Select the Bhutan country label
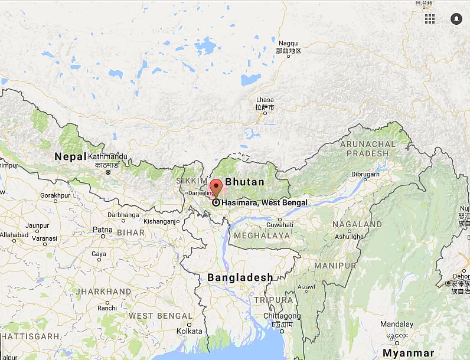tap(245, 182)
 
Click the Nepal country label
tap(70, 156)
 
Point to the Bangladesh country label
tap(240, 277)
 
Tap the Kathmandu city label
tap(107, 156)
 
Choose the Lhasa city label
tap(265, 100)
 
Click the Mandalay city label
tap(396, 324)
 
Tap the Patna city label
tap(102, 229)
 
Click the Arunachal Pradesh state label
tap(368, 148)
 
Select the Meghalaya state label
tap(262, 235)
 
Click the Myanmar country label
tap(408, 353)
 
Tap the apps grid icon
tap(429, 19)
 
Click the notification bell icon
tap(456, 19)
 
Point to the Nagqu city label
tap(288, 43)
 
